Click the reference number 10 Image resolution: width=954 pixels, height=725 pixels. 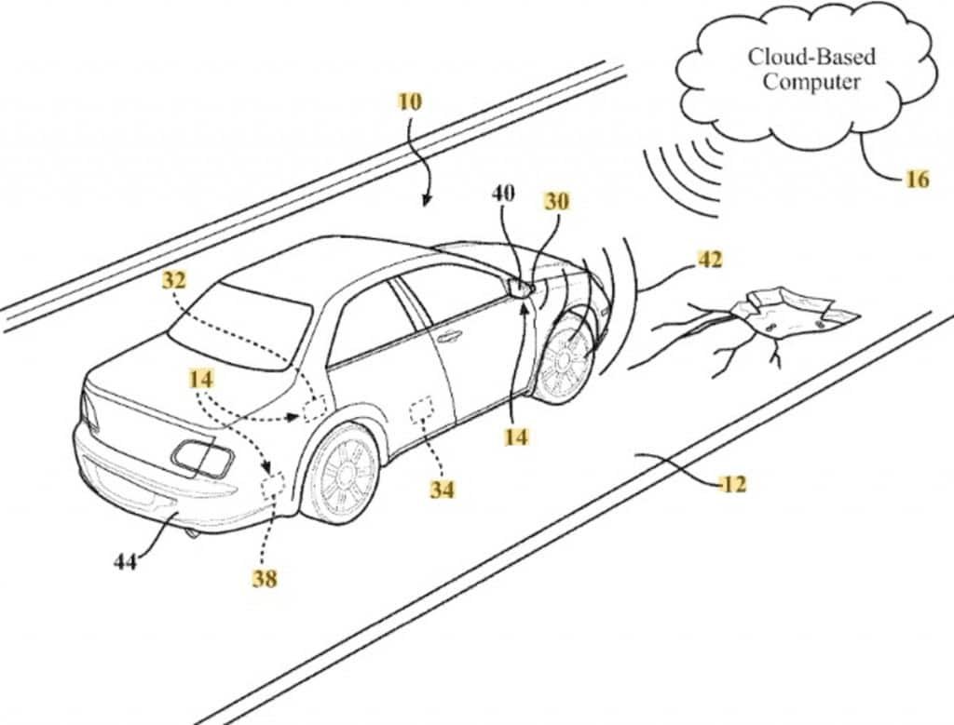410,101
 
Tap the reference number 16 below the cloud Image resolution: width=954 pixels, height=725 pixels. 918,180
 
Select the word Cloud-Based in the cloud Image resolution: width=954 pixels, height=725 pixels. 811,57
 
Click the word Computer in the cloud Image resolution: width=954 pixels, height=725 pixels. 811,82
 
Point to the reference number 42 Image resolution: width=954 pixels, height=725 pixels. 709,260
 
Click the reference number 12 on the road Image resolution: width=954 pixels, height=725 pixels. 733,485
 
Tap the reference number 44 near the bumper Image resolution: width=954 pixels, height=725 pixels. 126,563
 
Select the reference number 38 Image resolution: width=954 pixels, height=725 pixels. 265,579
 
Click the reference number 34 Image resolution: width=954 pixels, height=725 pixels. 443,489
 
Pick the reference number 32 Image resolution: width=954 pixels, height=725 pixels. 174,280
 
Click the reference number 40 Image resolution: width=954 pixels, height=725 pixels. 502,194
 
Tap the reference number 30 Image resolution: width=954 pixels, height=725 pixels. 556,201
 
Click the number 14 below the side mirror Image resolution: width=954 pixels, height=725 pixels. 516,436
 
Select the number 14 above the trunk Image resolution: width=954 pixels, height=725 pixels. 201,379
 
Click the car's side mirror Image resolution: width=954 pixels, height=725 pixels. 518,286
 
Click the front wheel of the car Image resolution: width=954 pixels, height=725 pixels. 566,358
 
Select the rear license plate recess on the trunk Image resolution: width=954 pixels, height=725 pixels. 202,458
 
